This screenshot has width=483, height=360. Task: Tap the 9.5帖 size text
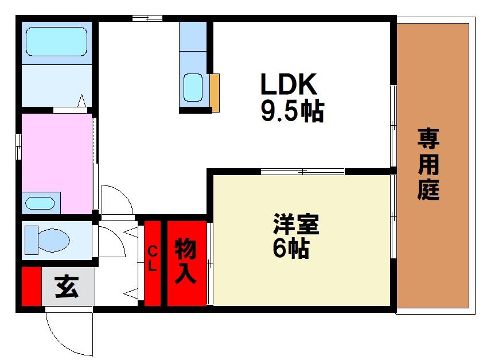[x=293, y=111]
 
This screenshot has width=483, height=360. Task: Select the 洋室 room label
[x=296, y=224]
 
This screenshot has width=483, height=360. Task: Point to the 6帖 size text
[x=291, y=249]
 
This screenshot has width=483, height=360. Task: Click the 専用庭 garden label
[x=429, y=164]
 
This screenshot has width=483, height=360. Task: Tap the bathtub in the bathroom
[x=57, y=41]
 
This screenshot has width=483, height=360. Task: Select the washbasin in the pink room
[x=40, y=203]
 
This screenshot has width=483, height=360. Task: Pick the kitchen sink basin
[x=193, y=87]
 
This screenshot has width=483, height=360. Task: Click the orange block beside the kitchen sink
[x=215, y=93]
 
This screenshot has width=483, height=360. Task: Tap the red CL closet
[x=153, y=264]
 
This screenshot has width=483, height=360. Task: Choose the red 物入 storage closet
[x=186, y=264]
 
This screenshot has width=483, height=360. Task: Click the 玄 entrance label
[x=67, y=287]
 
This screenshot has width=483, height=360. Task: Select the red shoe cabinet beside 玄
[x=32, y=287]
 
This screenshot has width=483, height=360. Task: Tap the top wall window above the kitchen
[x=147, y=18]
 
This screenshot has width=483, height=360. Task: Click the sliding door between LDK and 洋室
[x=302, y=172]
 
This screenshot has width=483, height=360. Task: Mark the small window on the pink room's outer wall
[x=19, y=147]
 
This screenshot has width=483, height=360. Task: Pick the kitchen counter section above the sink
[x=193, y=36]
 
